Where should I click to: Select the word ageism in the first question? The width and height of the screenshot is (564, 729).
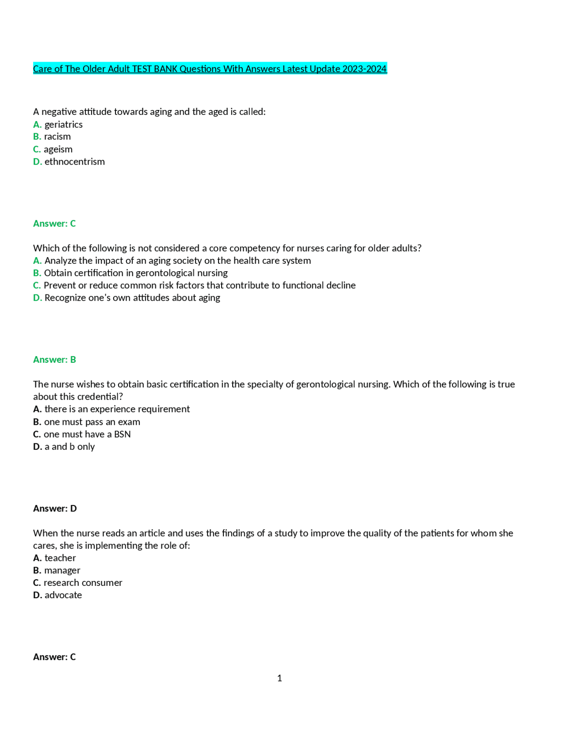tap(58, 149)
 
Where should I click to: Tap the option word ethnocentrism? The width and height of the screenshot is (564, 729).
tap(74, 162)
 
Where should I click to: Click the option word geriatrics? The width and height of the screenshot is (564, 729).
tap(63, 125)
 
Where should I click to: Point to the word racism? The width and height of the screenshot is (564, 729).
tap(57, 136)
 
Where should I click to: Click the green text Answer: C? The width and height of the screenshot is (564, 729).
tap(54, 224)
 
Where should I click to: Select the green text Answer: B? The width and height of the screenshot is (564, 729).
tap(54, 360)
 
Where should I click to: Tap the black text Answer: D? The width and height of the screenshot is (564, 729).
tap(55, 508)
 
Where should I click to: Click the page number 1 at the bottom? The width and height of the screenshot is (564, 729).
tap(279, 678)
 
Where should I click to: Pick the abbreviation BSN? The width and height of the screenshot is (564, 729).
tap(122, 434)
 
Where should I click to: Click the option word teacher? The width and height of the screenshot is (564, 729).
tap(60, 558)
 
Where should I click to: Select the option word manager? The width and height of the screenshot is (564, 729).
tap(62, 571)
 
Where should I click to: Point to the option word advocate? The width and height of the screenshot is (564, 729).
tap(63, 595)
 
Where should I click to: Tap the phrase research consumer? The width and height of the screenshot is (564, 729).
tap(83, 583)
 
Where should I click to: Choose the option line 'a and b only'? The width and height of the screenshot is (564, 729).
tap(70, 447)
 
